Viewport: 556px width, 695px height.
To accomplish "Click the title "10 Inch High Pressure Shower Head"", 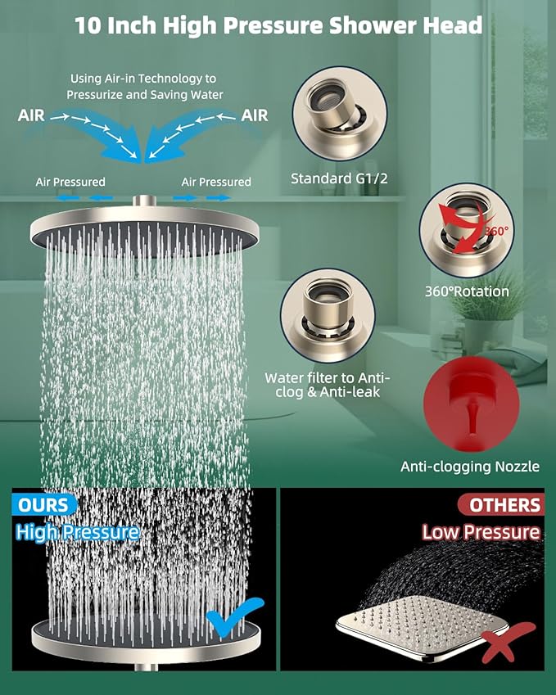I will (x=278, y=25).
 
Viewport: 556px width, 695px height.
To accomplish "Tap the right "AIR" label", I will (x=255, y=115).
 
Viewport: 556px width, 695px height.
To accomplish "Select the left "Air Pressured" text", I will (x=70, y=182).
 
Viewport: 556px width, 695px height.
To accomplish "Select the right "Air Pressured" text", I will (x=216, y=182).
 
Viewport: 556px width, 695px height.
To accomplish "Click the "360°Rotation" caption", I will (x=467, y=291).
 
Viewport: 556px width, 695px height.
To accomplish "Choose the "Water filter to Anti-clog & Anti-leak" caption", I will (x=328, y=385).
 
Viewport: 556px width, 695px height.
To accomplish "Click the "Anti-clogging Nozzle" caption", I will (x=470, y=467).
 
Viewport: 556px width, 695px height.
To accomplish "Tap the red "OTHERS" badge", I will (x=499, y=504).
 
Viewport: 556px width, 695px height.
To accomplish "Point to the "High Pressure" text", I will (x=77, y=533).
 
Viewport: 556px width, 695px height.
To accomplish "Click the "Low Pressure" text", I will (x=481, y=532).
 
